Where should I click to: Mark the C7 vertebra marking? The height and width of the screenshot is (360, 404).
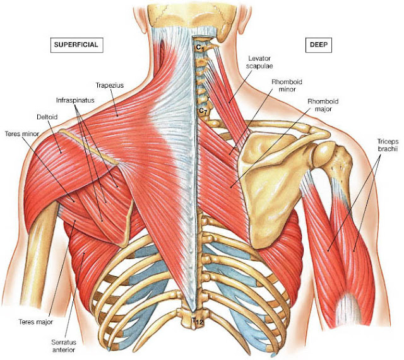(x=202, y=111)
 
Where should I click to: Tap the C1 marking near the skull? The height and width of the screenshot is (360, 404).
(x=198, y=46)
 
